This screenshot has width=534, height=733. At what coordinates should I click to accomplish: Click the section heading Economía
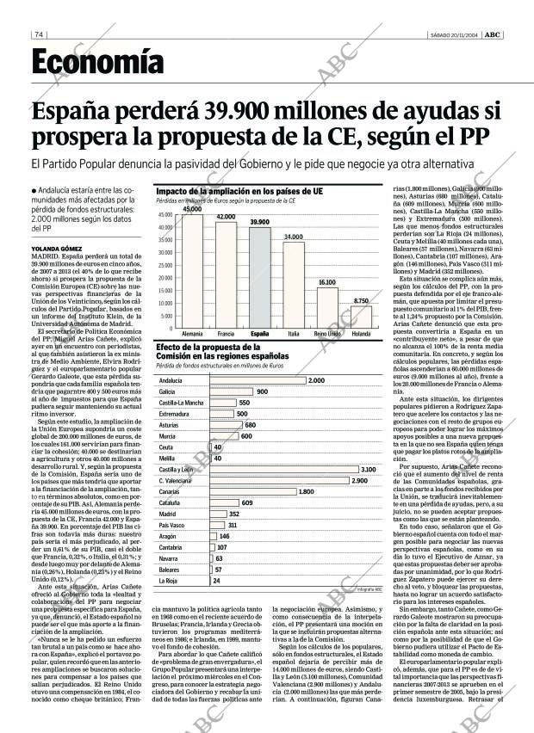click(97, 62)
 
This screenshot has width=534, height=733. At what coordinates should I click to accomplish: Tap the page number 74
click(39, 35)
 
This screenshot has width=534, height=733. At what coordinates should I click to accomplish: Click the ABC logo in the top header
click(493, 35)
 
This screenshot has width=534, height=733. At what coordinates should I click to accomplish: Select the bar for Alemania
click(192, 270)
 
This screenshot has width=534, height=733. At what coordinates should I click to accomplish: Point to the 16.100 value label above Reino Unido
click(327, 282)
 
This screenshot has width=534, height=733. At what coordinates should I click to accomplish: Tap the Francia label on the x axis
click(226, 334)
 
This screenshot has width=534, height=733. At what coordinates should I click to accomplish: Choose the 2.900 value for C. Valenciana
click(359, 480)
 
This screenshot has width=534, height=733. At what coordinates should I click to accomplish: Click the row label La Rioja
click(168, 581)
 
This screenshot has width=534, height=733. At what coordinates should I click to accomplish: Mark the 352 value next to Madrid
click(234, 514)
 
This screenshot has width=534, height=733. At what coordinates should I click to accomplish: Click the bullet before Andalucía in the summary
click(34, 190)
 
